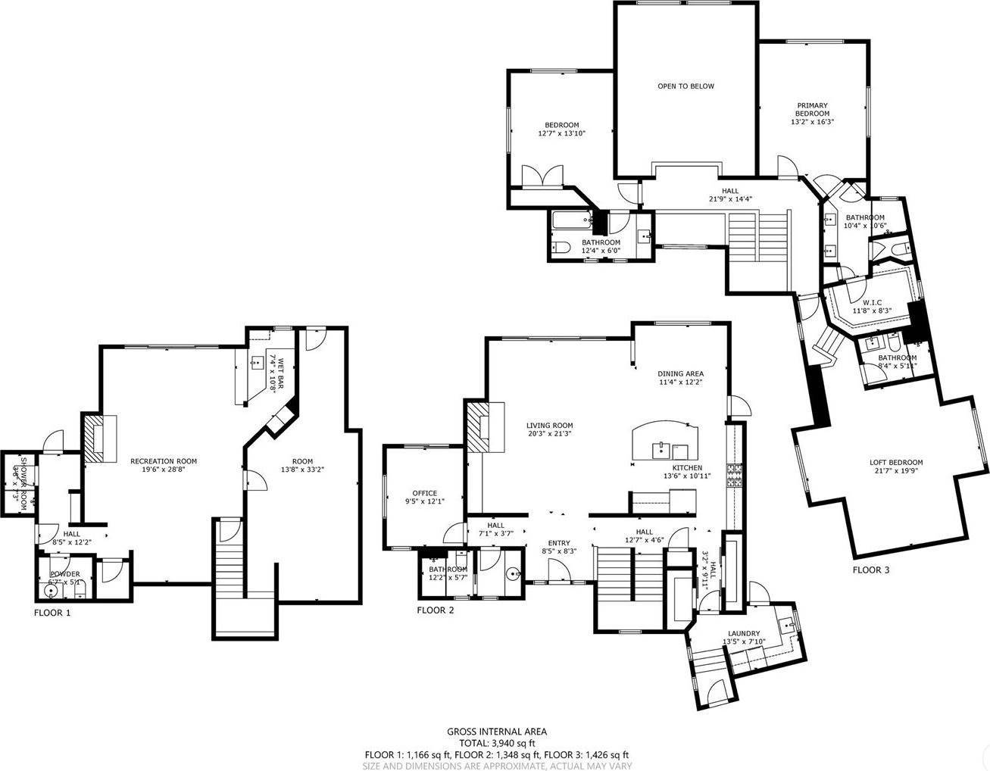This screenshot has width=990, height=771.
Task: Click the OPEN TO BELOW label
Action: [x=685, y=86]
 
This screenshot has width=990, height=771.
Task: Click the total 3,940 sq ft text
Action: [x=496, y=743]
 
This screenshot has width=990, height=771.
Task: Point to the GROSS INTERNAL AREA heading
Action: [x=496, y=732]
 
